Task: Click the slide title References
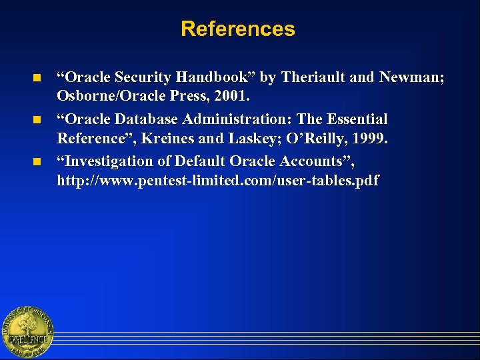237,29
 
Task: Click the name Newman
409,77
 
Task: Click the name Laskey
254,139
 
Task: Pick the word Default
201,161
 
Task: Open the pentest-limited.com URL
217,180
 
